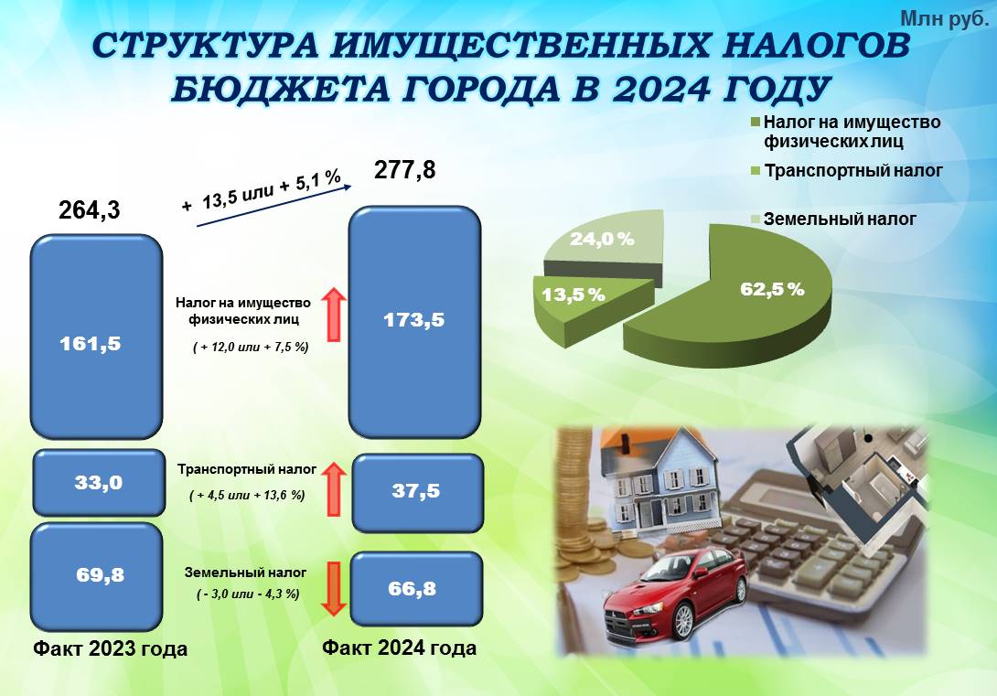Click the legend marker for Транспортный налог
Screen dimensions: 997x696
tap(756, 171)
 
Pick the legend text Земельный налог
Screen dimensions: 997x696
tap(840, 220)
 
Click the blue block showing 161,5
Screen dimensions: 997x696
tap(97, 337)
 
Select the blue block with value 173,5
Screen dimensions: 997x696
tap(414, 322)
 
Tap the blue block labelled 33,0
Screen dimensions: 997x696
tap(99, 482)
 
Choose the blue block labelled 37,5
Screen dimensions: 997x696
tap(417, 493)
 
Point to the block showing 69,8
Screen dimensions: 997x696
tap(97, 576)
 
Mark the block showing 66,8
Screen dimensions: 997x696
tap(416, 589)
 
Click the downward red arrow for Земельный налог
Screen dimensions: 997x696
tap(333, 589)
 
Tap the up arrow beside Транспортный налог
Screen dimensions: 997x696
tap(333, 489)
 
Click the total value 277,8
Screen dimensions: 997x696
tap(405, 170)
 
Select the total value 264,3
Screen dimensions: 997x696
tap(89, 209)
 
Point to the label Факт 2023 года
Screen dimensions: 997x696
tap(110, 649)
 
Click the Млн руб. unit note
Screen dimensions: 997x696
tap(945, 18)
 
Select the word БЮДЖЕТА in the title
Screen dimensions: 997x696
tap(281, 89)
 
